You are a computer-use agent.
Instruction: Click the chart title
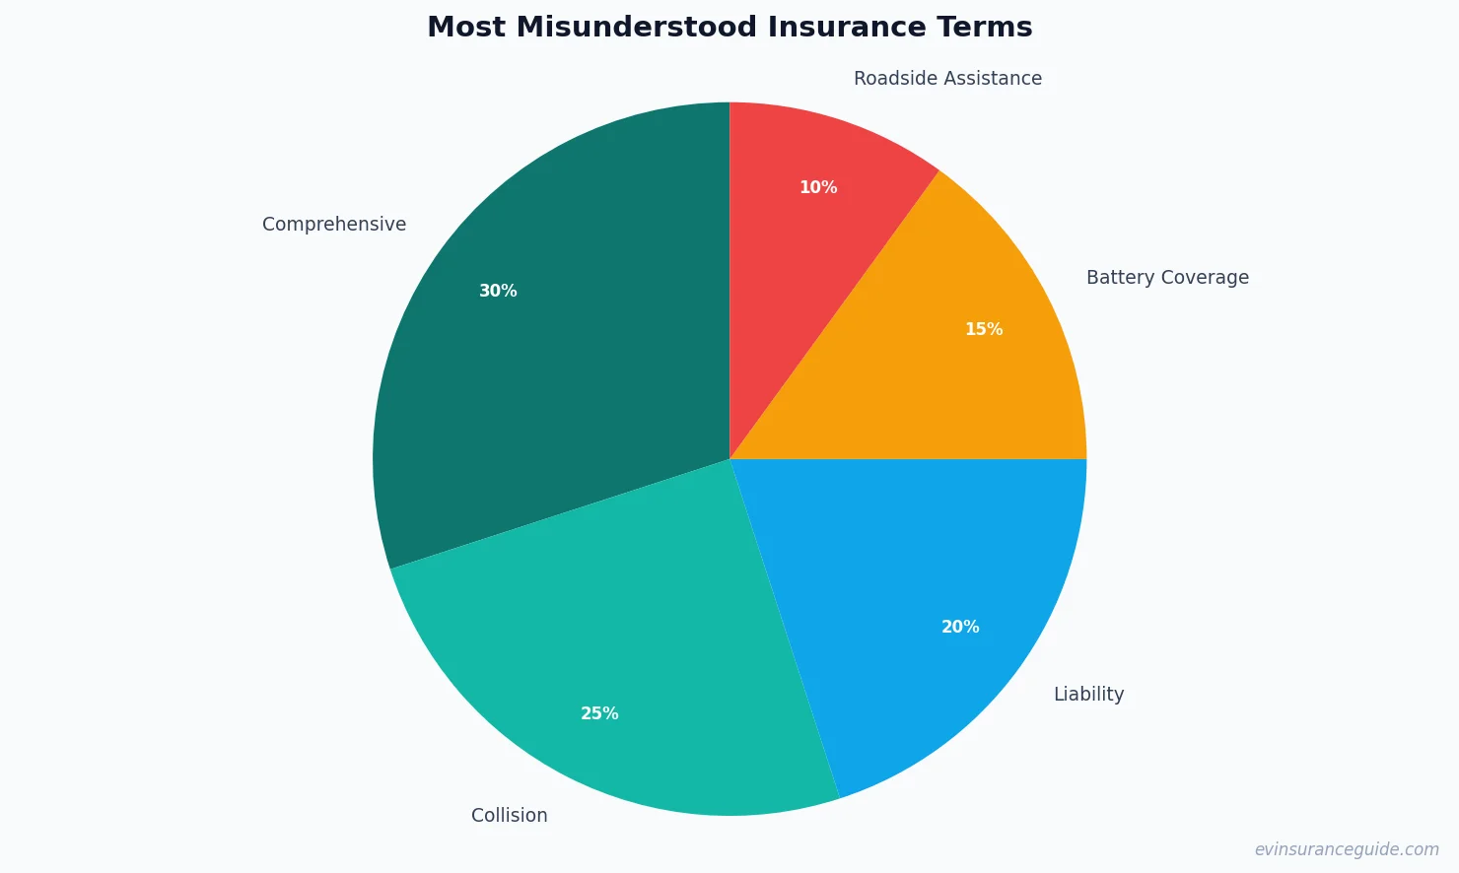pos(729,28)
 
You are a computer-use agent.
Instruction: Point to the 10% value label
pos(818,187)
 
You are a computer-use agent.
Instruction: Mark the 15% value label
pos(984,329)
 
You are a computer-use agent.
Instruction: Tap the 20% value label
pos(960,627)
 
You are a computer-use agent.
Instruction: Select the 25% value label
pos(599,713)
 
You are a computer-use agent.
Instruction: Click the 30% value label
pos(498,291)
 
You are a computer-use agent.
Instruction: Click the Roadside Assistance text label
pos(947,79)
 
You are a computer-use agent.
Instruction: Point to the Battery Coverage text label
pos(1167,278)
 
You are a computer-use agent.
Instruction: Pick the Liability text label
pos(1088,695)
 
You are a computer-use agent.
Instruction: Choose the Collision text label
pos(509,816)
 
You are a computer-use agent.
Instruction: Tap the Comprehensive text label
pos(334,225)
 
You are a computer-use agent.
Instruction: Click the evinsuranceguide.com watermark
pos(1347,849)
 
